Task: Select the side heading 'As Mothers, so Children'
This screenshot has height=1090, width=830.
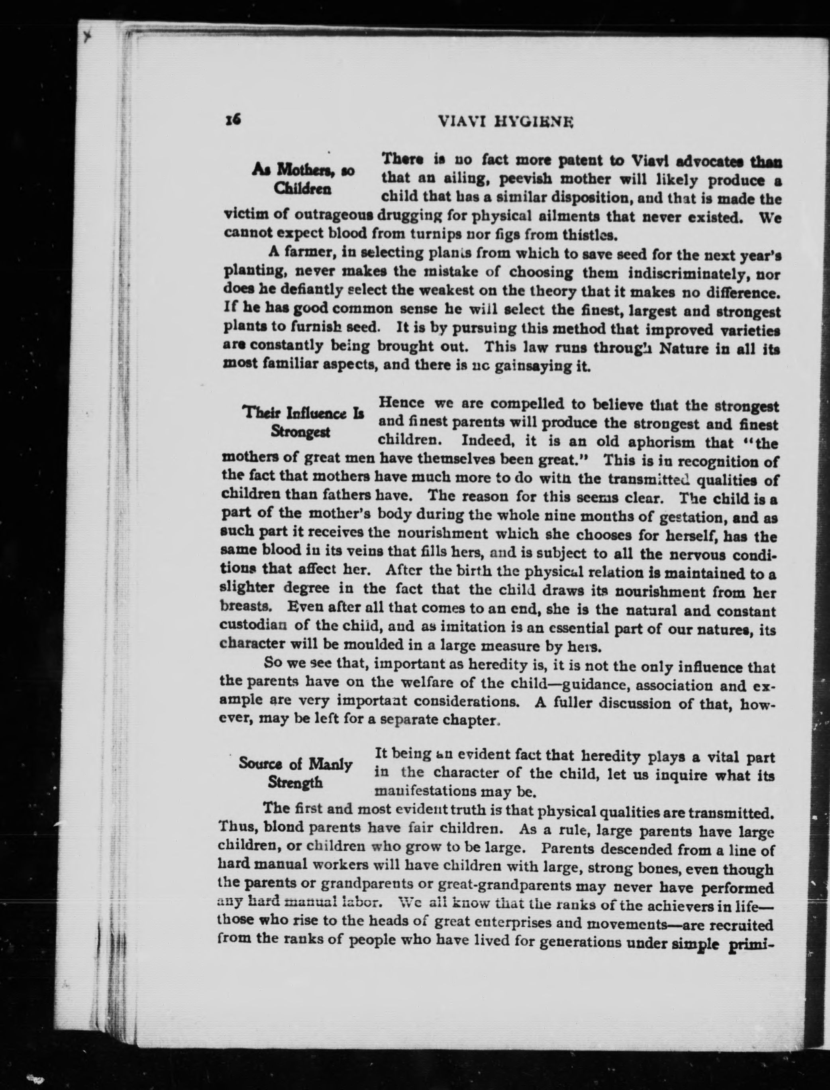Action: coord(302,179)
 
